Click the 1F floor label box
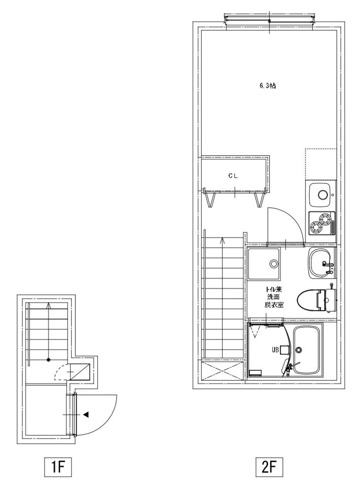pos(58,467)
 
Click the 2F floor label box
pos(269,467)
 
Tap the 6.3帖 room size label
pos(267,86)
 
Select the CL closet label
pos(233,176)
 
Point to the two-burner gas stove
pos(322,223)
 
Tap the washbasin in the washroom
pos(320,263)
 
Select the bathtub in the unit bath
pos(308,350)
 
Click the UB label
pos(275,350)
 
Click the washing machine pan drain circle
pos(273,264)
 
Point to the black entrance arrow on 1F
pos(86,415)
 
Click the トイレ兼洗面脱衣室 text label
pos(274,297)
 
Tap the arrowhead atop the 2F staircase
pos(222,240)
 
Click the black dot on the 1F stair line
pos(48,360)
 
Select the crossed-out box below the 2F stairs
pos(222,371)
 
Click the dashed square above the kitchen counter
pos(321,165)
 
